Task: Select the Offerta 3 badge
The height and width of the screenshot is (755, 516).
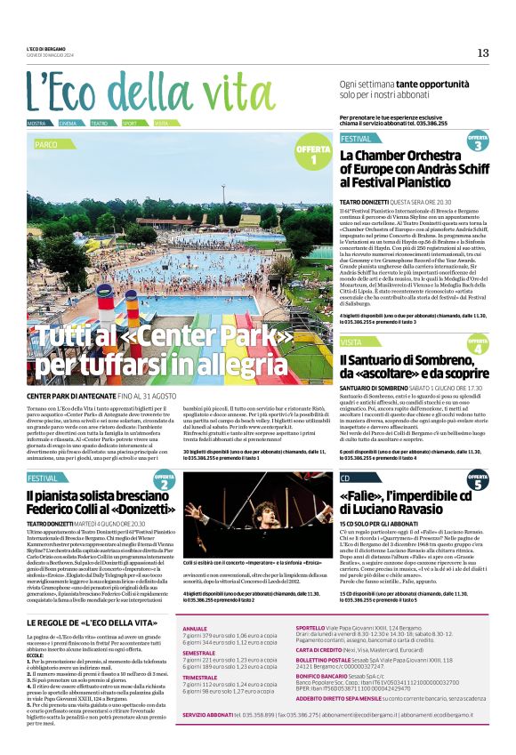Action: [478, 141]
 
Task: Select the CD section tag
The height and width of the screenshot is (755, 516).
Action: [345, 478]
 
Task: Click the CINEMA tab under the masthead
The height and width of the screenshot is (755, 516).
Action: [68, 123]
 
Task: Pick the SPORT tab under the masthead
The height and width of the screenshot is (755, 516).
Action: [130, 123]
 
